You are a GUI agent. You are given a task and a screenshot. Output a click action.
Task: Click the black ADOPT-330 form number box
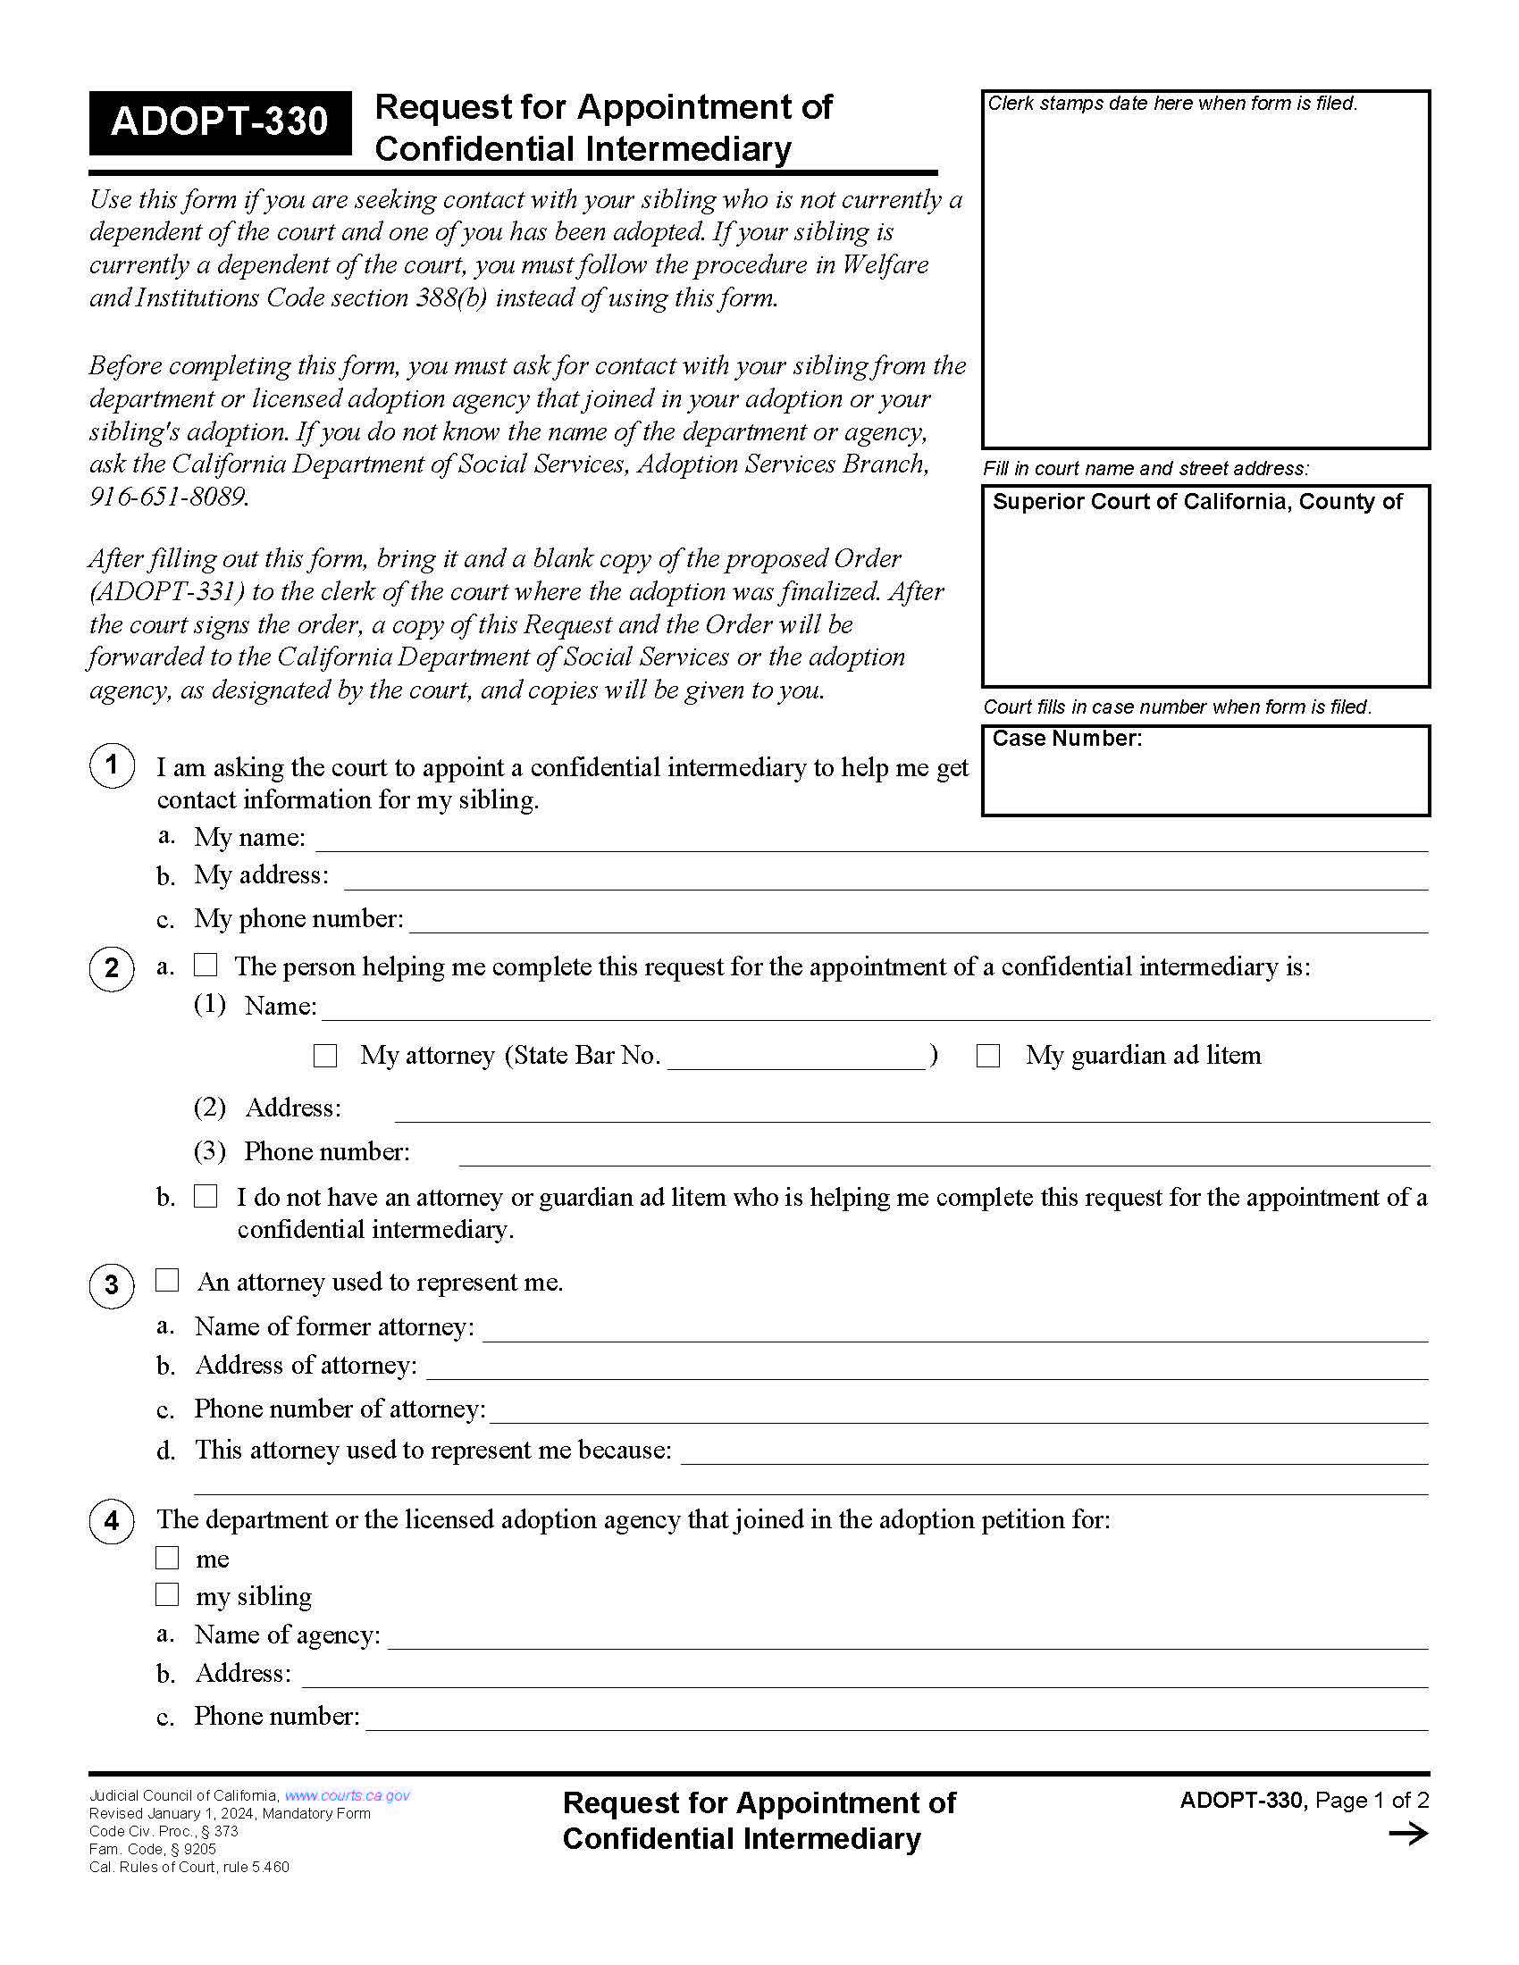point(219,122)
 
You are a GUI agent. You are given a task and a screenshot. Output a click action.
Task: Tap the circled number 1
point(112,765)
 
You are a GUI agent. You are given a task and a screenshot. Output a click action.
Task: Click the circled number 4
point(112,1520)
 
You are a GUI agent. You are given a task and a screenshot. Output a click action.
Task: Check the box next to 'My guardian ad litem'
point(988,1056)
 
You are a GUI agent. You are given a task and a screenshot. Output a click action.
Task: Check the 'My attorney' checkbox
point(325,1056)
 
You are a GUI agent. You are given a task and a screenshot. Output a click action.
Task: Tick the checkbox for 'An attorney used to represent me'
point(167,1280)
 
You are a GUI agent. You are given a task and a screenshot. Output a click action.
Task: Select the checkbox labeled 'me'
point(167,1558)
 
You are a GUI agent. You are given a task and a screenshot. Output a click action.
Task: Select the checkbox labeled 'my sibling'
point(167,1594)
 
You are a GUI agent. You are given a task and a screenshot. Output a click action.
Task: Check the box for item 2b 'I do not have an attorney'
point(206,1196)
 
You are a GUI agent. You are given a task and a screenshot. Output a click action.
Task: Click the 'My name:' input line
point(871,840)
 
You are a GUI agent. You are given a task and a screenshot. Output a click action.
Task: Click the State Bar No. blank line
point(796,1058)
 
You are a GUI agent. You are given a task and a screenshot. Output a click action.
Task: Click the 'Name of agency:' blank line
point(907,1637)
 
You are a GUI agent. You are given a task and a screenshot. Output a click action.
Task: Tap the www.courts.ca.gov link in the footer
point(348,1795)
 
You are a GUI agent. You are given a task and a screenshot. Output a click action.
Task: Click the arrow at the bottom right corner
point(1408,1834)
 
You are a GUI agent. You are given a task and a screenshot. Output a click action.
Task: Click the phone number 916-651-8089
point(168,497)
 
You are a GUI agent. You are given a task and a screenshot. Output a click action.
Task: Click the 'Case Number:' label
point(1066,739)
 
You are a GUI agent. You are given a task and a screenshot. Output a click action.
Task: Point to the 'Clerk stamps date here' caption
point(1171,104)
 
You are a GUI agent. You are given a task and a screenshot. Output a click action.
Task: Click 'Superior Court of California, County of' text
point(1196,502)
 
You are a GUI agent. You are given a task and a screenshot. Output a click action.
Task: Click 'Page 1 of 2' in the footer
point(1372,1801)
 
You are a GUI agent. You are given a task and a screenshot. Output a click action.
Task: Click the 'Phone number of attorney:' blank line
point(959,1411)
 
